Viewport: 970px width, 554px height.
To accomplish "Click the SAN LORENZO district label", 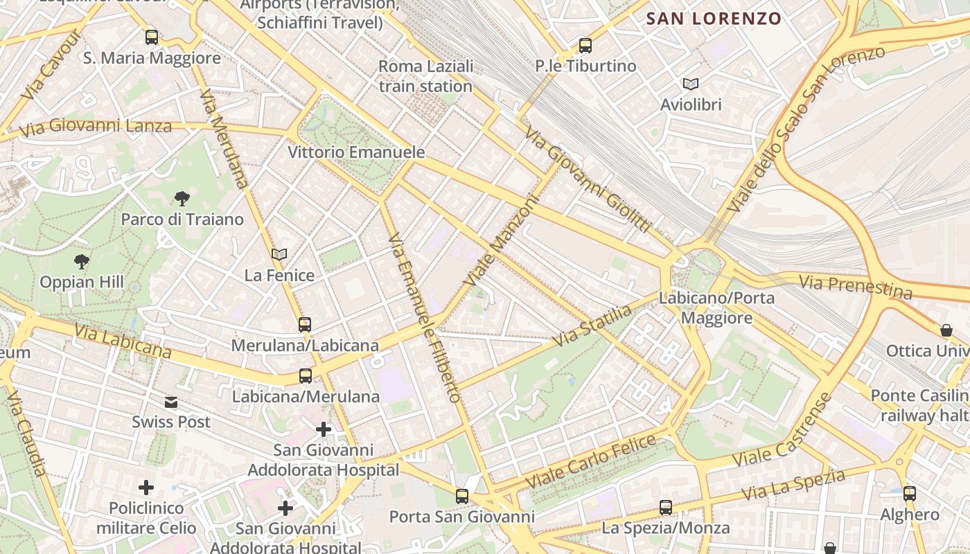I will point(714,19).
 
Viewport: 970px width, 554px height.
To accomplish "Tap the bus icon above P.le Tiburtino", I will point(585,46).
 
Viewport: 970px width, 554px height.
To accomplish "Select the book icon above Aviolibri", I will point(691,84).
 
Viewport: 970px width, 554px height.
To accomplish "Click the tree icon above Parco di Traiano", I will point(182,199).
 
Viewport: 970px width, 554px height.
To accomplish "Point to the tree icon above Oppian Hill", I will point(82,261).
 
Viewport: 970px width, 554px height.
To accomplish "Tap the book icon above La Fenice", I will point(279,255).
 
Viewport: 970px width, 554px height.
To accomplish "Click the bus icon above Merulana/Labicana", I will point(305,324).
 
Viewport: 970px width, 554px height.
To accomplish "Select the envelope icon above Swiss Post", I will point(171,402).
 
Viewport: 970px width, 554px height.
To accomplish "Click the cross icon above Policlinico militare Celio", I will point(146,488).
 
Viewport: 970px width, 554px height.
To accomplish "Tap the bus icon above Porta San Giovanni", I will point(462,496).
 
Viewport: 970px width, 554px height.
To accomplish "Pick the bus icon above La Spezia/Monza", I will point(666,507).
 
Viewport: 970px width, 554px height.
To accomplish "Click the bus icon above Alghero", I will point(910,493).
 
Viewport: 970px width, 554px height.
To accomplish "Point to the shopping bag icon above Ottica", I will point(946,330).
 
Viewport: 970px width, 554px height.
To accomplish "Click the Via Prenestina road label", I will point(856,287).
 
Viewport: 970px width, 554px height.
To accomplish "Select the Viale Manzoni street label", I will point(502,241).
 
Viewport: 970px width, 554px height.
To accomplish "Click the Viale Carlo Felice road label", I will point(590,460).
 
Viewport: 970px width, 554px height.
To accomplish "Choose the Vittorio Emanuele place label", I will point(356,152).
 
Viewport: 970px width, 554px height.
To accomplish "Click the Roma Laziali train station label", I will point(425,76).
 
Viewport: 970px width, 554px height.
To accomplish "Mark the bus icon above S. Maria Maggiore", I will point(152,37).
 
